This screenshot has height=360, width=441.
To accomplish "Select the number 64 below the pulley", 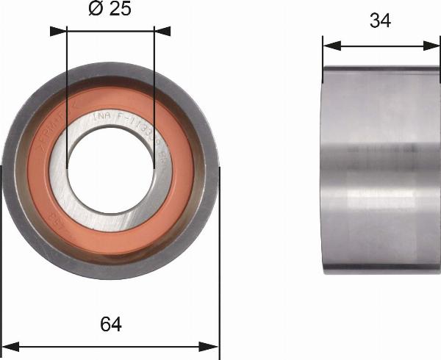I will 110,324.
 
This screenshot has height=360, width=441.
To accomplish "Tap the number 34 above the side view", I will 380,21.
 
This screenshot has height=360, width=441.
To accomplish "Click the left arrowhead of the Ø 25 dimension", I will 58,32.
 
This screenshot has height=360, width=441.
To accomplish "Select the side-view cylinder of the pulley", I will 381,169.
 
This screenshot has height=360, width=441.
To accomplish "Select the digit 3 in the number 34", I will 374,21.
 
